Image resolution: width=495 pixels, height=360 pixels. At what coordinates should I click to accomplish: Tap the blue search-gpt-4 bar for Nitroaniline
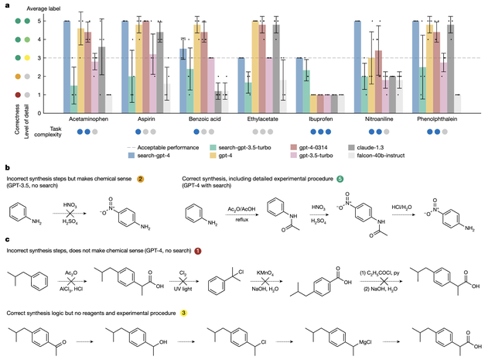click(x=358, y=57)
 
